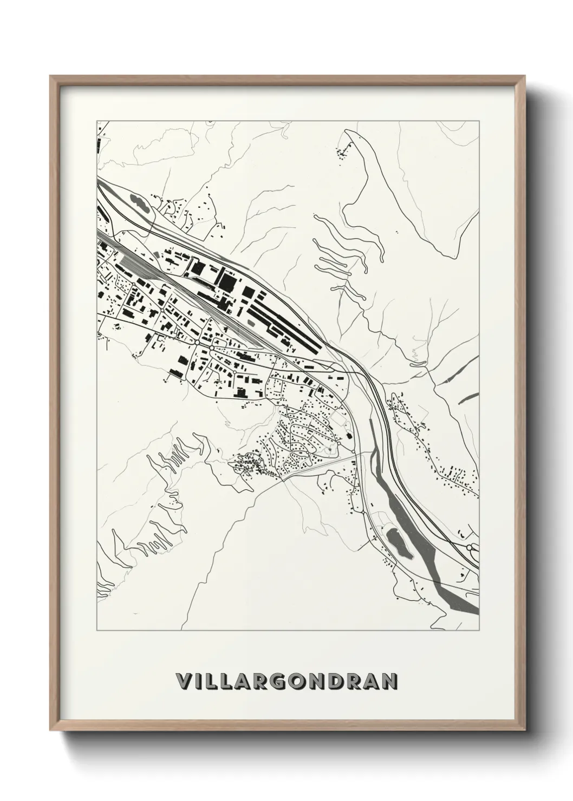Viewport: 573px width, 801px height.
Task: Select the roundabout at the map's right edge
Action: [x=470, y=548]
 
